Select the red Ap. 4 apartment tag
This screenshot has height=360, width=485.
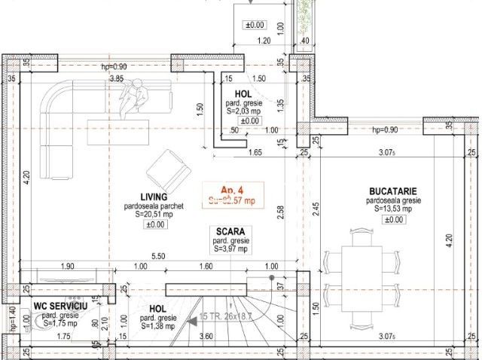click(x=231, y=190)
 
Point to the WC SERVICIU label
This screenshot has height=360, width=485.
click(x=60, y=307)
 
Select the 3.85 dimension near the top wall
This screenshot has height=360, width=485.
click(x=116, y=78)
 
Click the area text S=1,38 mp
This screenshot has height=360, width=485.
click(x=157, y=326)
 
